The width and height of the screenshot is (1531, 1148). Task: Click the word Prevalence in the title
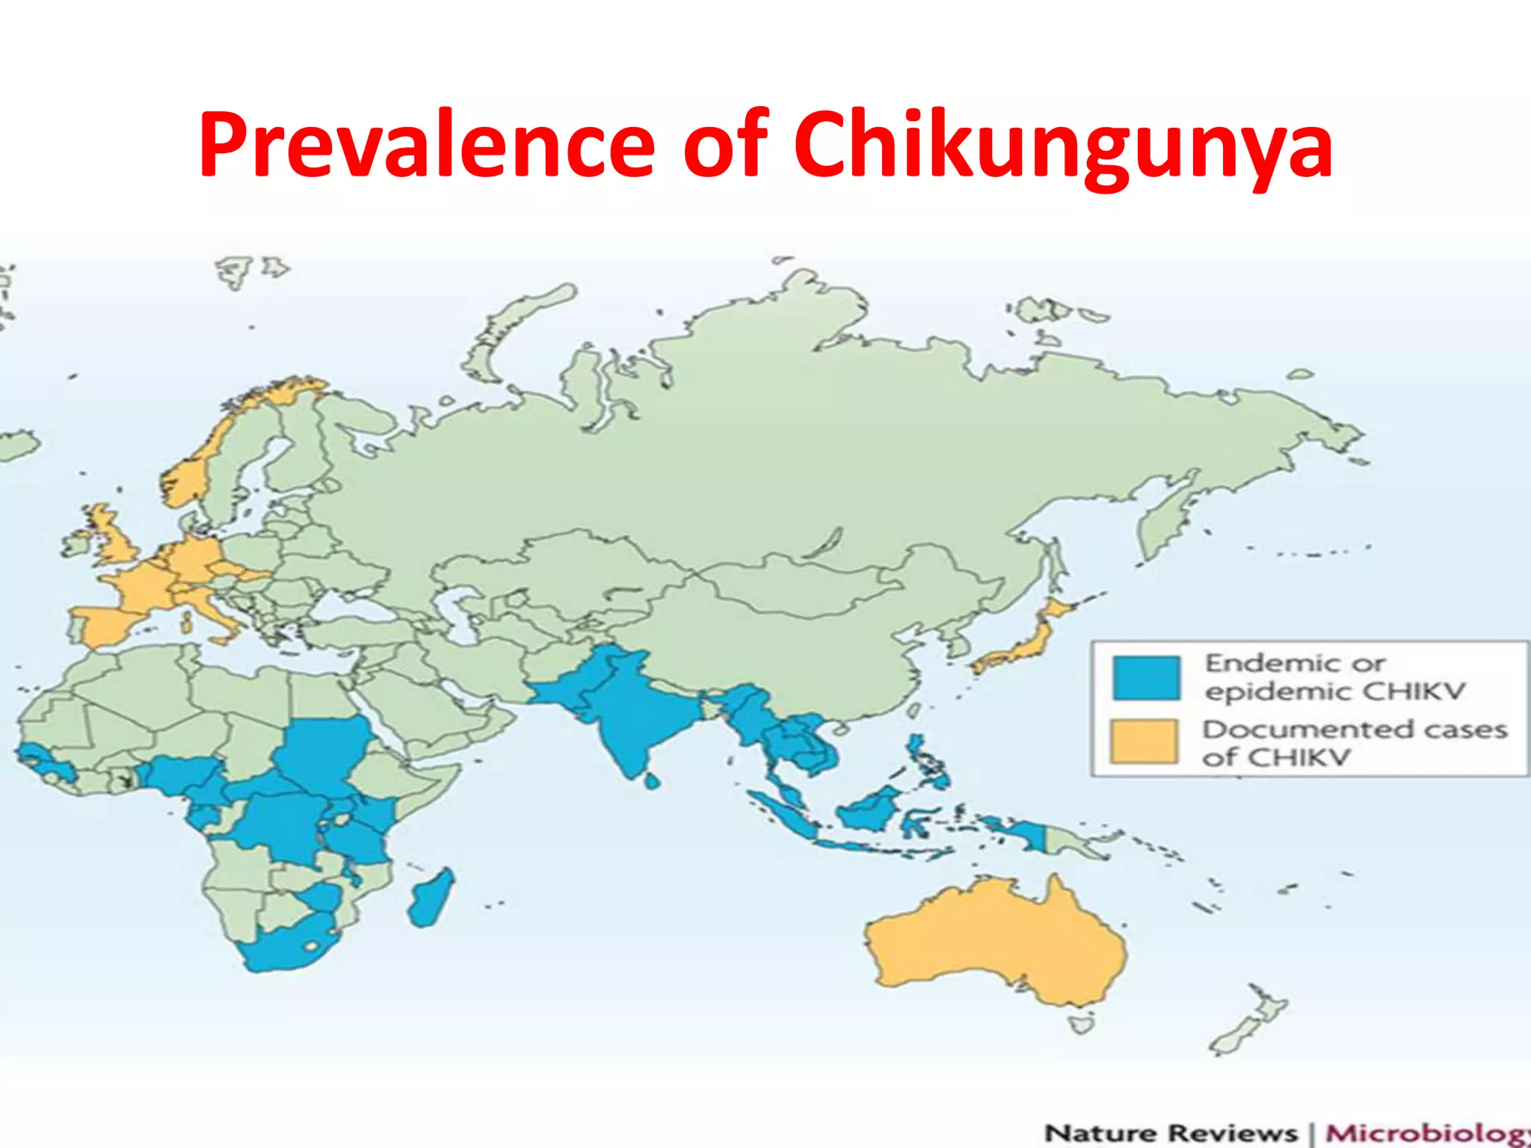[426, 143]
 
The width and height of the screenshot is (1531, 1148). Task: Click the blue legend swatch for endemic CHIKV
[1146, 677]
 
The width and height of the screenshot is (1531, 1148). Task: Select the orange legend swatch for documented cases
[1144, 741]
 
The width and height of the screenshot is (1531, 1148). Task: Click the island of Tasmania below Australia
[1080, 1022]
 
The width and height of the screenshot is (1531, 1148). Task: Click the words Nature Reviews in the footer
[1171, 1133]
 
